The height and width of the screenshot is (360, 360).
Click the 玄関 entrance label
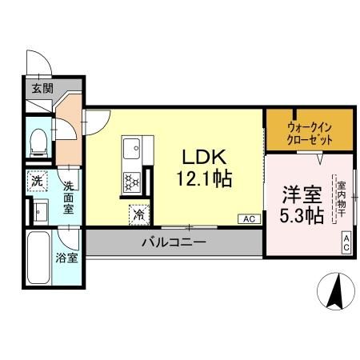click(x=42, y=88)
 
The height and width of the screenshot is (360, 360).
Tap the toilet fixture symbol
click(x=37, y=142)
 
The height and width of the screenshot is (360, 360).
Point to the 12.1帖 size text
click(x=204, y=179)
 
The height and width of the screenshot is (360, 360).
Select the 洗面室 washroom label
click(x=69, y=197)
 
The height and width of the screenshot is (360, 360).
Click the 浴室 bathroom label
click(x=66, y=258)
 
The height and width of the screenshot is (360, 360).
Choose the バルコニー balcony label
click(x=174, y=242)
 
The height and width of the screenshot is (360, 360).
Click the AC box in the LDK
click(x=248, y=218)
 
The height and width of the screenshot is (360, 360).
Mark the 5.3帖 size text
click(x=302, y=215)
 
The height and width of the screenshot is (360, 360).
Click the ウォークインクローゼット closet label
click(x=308, y=130)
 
